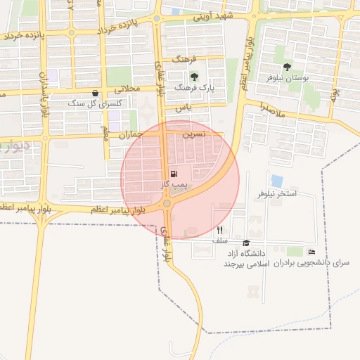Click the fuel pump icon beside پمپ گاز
[174, 174]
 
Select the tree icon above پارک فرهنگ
[195, 77]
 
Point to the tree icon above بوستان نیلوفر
[287, 67]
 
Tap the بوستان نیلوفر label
[286, 79]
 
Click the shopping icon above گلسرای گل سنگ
[96, 93]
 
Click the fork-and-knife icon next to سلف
[220, 230]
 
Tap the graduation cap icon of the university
[246, 243]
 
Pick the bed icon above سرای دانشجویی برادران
[311, 252]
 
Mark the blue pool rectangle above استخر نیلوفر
[277, 181]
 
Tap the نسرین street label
[194, 132]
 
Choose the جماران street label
[131, 134]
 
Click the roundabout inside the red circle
[167, 204]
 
